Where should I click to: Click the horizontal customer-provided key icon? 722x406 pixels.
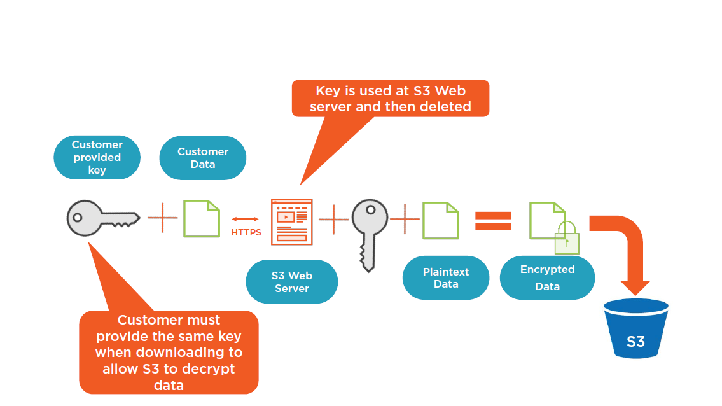(x=102, y=218)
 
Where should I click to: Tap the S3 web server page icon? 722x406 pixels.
(x=292, y=221)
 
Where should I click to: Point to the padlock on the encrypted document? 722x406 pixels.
(x=566, y=239)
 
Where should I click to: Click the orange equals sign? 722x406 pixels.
(x=494, y=221)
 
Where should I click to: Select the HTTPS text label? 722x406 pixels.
(x=246, y=232)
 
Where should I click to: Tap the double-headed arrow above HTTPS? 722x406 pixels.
(x=246, y=219)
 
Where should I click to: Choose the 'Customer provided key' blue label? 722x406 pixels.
(x=97, y=157)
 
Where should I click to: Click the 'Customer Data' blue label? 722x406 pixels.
(x=202, y=158)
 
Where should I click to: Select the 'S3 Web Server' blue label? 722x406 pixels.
(x=291, y=282)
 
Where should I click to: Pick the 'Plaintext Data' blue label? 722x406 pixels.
(x=445, y=278)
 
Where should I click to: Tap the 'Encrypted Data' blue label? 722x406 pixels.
(x=547, y=278)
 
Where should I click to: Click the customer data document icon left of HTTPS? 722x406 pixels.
(x=202, y=218)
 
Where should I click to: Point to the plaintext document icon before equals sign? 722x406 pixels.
(x=441, y=220)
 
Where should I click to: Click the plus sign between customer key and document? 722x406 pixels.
(x=163, y=218)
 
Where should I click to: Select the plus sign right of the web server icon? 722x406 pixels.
(x=333, y=220)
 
